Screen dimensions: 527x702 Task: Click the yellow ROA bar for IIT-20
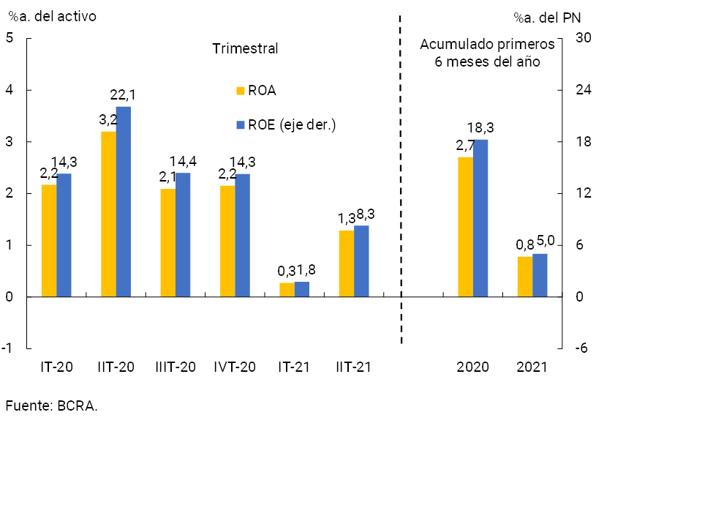[x=108, y=214]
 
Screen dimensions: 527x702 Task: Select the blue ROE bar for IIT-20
[x=123, y=201]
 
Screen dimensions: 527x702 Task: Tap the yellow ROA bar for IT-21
[x=287, y=290]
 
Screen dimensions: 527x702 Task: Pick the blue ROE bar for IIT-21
[x=361, y=261]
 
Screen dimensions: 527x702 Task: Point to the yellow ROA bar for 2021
[x=524, y=277]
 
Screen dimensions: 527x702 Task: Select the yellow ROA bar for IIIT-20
[x=167, y=242]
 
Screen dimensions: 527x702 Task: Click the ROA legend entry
[x=256, y=91]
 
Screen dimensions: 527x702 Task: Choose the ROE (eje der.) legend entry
[x=285, y=124]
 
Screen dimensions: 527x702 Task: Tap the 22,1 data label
[x=123, y=95]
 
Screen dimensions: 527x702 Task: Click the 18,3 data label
[x=480, y=128]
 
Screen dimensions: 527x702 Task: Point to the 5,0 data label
[x=546, y=240]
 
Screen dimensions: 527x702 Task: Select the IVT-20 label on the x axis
[x=235, y=367]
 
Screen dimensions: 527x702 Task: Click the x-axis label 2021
[x=532, y=367]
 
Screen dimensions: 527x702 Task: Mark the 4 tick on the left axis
[x=10, y=90]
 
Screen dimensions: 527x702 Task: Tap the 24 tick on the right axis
[x=583, y=90]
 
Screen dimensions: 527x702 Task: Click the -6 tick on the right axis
[x=581, y=349]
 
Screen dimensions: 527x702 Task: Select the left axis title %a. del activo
[x=52, y=15]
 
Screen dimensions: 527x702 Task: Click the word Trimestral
[x=245, y=49]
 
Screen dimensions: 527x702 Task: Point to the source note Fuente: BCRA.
[x=51, y=405]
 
